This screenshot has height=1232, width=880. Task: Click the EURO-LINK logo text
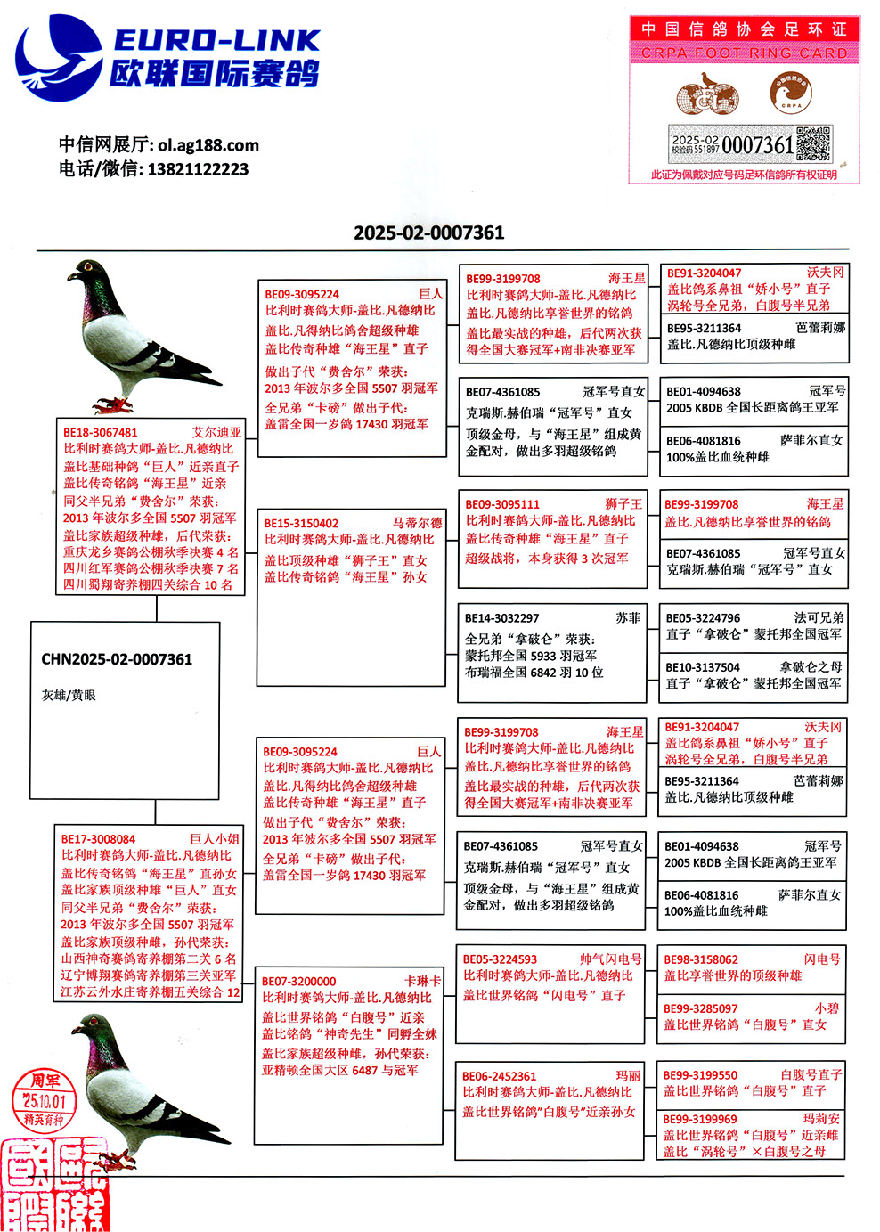[216, 41]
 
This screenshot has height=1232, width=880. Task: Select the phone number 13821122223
[198, 169]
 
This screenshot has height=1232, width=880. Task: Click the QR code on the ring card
[812, 143]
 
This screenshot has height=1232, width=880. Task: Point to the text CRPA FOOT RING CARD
[744, 53]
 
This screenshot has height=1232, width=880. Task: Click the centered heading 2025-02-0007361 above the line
[428, 233]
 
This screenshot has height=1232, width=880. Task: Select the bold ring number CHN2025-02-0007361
[117, 659]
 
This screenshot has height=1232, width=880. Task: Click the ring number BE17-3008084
[98, 839]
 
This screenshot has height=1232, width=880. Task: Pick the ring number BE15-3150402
[301, 524]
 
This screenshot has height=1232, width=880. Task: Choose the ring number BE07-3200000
[298, 981]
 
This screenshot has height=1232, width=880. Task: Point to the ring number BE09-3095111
[502, 504]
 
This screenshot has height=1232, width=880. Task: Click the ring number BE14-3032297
[501, 618]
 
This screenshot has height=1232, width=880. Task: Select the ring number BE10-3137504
[703, 667]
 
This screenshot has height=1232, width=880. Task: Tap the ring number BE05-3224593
[500, 959]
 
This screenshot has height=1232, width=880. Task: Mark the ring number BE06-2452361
[499, 1076]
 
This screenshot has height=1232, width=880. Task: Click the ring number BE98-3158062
[701, 959]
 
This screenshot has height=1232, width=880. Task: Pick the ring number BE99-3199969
[700, 1119]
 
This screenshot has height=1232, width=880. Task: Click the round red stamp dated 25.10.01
[45, 1099]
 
